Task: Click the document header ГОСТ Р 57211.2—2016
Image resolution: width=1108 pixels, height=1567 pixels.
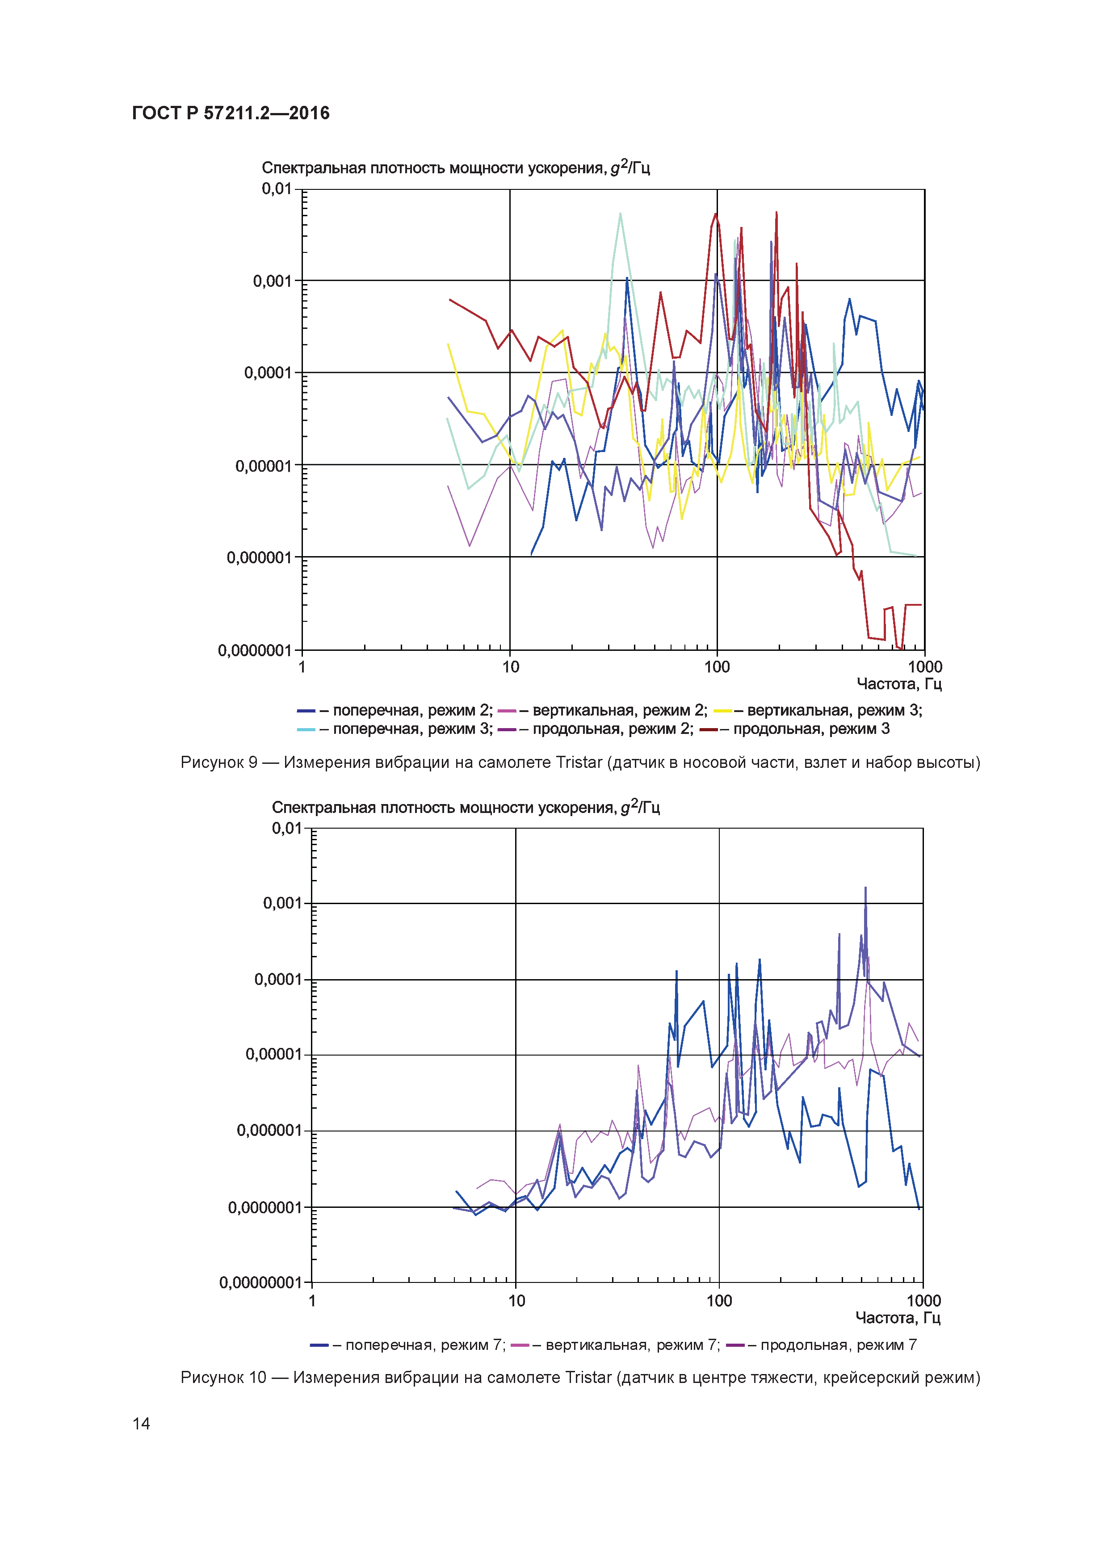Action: point(231,113)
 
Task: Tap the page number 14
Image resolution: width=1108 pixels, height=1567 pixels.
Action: point(141,1423)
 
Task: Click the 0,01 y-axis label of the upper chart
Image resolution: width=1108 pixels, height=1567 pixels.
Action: point(277,189)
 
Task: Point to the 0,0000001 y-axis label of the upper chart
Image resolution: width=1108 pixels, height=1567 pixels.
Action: point(255,650)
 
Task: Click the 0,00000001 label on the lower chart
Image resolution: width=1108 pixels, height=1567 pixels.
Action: point(260,1282)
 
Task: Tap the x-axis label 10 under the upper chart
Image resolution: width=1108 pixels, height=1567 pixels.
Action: point(511,667)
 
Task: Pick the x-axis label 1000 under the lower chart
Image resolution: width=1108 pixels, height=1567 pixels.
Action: point(923,1301)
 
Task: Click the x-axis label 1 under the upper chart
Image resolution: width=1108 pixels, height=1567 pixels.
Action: point(302,667)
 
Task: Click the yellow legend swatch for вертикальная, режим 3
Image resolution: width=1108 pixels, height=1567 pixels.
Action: point(722,711)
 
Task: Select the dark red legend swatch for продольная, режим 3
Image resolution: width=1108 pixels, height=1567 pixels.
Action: point(709,729)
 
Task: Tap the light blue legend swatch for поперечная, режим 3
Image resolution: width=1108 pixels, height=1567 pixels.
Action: point(306,729)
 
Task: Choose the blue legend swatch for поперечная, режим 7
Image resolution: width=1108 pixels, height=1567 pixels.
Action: point(319,1345)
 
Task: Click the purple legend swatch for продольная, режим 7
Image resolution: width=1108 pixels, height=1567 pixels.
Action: point(735,1345)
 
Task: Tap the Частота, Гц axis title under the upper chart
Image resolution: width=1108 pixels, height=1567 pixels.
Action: point(899,684)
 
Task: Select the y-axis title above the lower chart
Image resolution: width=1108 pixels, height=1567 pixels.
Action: point(466,807)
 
